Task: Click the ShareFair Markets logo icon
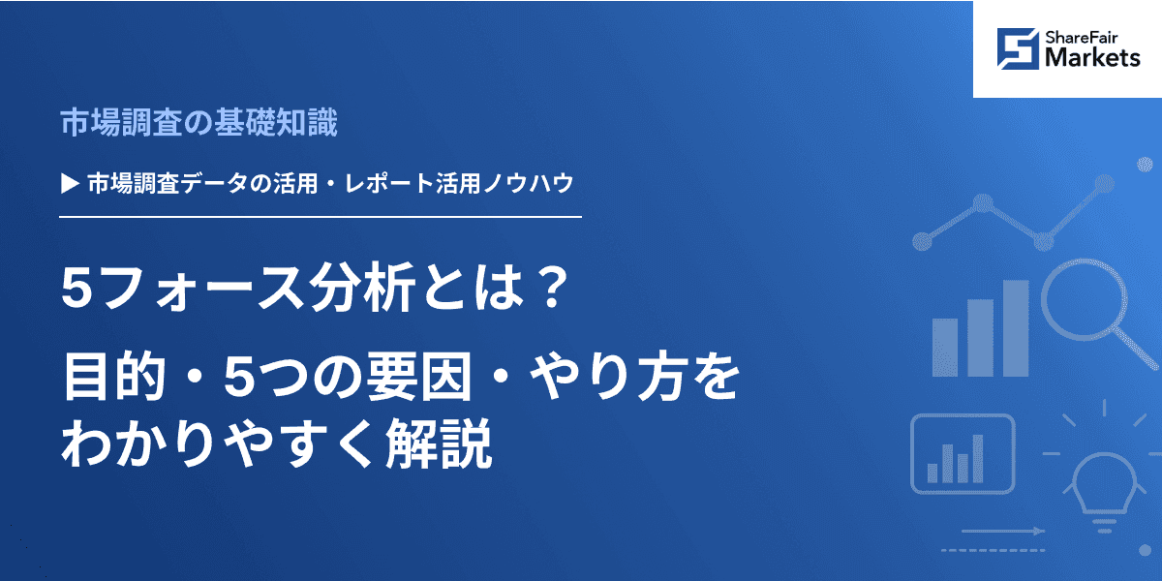1018,48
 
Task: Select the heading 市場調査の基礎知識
199,123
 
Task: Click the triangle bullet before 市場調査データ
69,181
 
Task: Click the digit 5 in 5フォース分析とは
75,290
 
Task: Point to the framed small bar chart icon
962,453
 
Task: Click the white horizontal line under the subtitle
320,217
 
